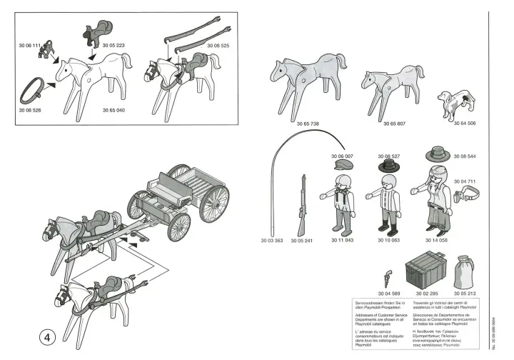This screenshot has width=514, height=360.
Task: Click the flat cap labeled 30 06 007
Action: [x=342, y=165]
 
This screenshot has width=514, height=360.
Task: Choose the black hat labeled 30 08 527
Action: [x=386, y=165]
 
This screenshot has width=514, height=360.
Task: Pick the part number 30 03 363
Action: [x=271, y=241]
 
